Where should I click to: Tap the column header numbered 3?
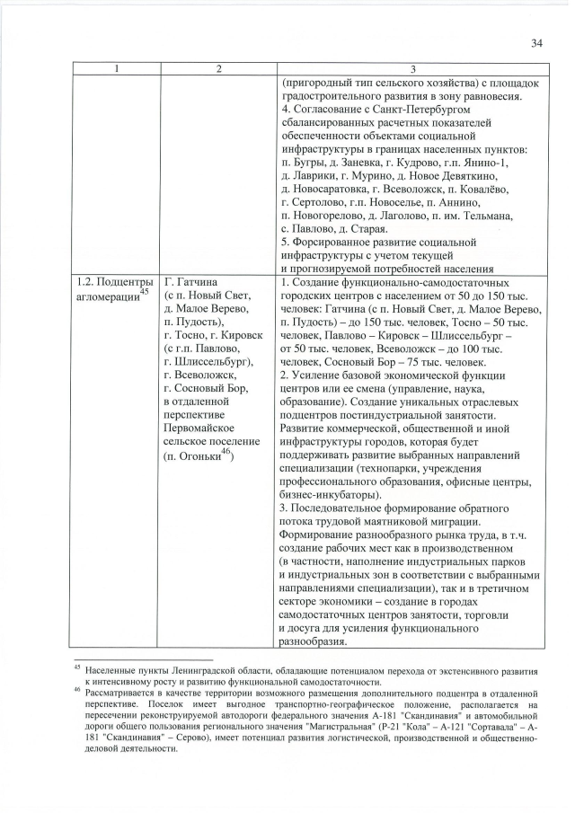point(411,70)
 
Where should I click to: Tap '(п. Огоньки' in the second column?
point(191,458)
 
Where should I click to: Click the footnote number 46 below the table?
point(77,692)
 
